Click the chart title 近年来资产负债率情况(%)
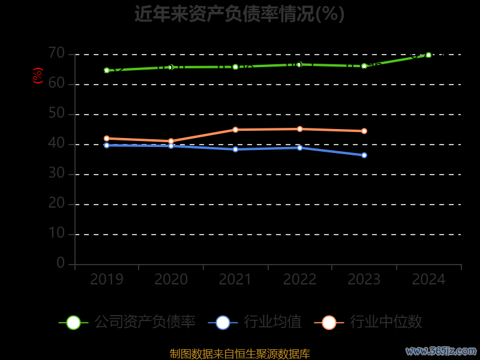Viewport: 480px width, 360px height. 239,14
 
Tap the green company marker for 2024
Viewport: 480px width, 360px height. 428,55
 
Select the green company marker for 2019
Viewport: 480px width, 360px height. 107,70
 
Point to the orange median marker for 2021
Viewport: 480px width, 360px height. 235,130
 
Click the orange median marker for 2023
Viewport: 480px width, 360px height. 364,131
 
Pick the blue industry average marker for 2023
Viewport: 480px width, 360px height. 364,155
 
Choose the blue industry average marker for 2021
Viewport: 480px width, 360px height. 235,149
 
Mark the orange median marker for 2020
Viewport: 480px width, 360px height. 171,141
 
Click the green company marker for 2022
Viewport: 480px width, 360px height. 299,64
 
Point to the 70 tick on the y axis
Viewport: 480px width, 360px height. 56,53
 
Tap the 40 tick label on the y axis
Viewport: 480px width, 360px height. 56,143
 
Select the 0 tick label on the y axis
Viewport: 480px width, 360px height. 61,263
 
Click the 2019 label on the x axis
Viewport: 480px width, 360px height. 107,280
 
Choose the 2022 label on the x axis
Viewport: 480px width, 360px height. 299,280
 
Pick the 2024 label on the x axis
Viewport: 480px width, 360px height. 428,280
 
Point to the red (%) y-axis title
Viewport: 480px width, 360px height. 38,76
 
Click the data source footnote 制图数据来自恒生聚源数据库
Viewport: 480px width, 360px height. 239,353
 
